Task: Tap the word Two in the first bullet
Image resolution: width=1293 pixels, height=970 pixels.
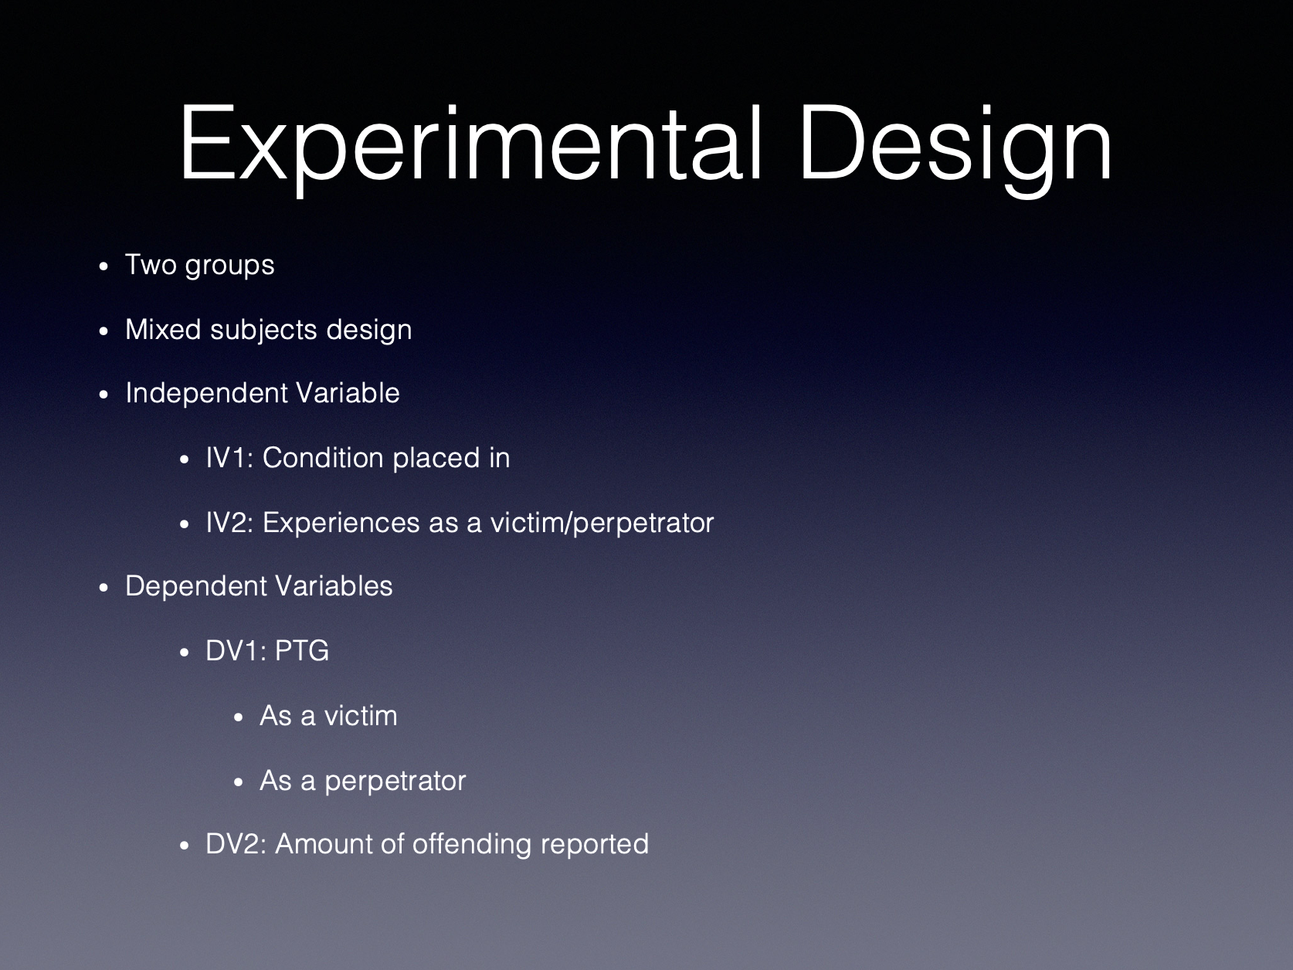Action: [x=151, y=264]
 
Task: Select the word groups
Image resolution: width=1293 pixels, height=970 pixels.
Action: [x=229, y=266]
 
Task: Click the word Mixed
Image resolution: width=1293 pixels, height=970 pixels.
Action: [x=163, y=329]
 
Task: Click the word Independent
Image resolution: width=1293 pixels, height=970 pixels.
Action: [x=206, y=393]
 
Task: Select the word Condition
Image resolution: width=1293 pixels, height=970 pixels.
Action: [x=323, y=458]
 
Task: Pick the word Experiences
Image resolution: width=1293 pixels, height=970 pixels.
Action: [x=341, y=524]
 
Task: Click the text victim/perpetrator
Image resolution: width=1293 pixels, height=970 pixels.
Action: [x=602, y=524]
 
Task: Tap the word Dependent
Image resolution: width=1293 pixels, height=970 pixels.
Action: [x=197, y=587]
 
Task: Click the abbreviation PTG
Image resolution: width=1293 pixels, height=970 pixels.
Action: [x=301, y=651]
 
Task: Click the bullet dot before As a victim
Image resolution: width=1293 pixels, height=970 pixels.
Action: [x=239, y=717]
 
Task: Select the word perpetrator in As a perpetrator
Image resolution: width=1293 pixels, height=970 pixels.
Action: [x=395, y=782]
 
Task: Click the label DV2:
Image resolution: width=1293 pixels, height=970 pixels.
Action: [x=236, y=844]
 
